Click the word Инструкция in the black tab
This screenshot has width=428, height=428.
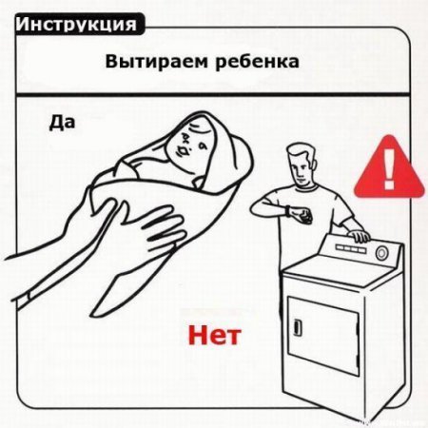76,25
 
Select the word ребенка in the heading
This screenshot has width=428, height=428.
257,62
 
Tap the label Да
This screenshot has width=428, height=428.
62,123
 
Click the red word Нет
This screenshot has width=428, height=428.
214,336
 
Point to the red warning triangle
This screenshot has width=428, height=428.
389,169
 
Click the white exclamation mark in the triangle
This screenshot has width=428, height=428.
389,169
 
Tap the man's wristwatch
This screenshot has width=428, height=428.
287,211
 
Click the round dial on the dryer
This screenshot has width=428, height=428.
381,253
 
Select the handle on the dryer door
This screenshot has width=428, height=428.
298,327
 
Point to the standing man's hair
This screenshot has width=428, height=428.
302,152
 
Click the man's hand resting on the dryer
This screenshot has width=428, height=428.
360,236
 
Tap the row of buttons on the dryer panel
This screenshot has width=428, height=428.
351,248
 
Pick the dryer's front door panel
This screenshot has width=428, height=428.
323,336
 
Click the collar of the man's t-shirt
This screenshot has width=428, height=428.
306,187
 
